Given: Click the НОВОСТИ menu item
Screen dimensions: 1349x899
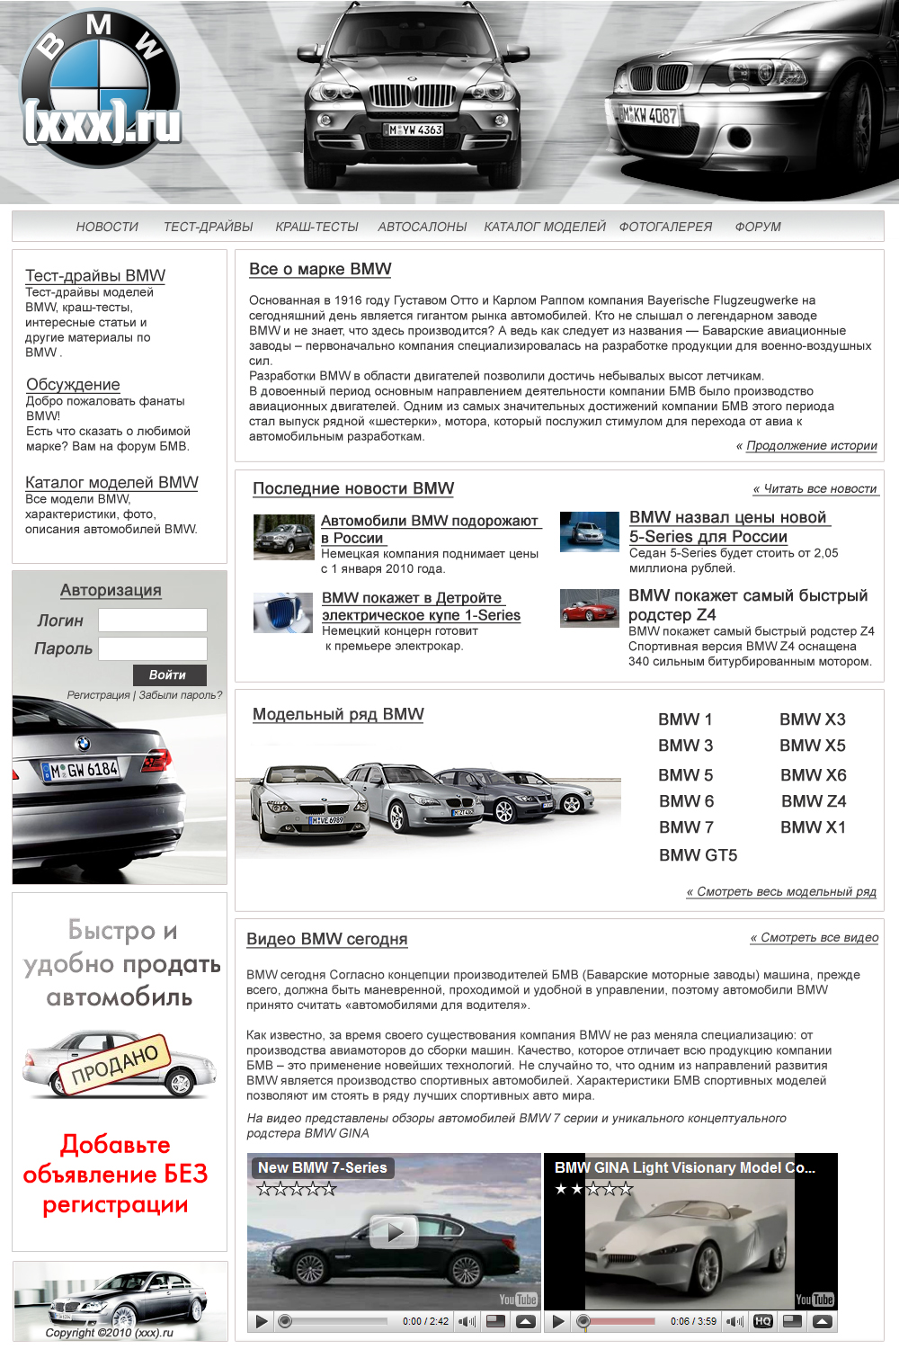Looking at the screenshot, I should coord(107,227).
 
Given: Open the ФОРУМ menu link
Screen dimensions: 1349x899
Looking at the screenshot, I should coord(758,227).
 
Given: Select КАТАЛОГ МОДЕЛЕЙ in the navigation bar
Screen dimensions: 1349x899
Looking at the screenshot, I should coord(545,227).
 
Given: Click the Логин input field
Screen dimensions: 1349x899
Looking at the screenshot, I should coord(153,620).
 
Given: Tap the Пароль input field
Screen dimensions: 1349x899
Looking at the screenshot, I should coord(153,648).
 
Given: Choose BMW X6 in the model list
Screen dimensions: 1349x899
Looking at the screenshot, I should coord(814,775).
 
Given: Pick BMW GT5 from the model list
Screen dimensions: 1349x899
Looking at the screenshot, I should coord(698,855).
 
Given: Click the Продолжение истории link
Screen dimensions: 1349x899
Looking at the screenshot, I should coord(812,445).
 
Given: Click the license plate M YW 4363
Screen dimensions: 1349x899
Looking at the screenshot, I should coord(414,130).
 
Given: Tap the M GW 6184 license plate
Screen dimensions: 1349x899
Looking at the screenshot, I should coord(80,770).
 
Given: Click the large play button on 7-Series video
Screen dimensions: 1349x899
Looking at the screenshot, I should coord(393,1233).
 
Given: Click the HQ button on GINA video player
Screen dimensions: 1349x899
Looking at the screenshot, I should coord(762,1321).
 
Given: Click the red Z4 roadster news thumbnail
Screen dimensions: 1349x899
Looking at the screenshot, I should coord(589,607).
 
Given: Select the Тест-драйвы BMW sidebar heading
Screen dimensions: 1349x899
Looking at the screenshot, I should coord(95,275).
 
